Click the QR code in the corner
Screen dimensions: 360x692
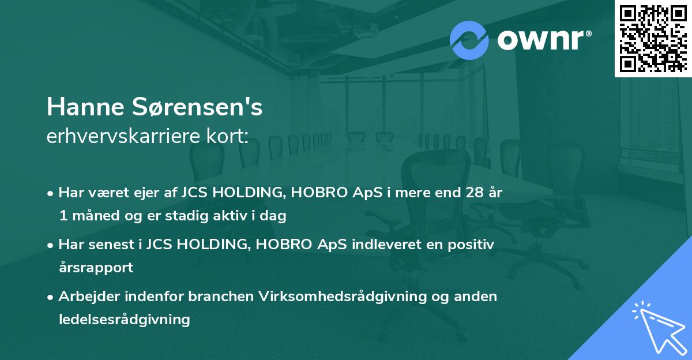(653, 39)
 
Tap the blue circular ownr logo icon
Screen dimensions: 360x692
(469, 40)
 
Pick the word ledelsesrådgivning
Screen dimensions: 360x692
(124, 319)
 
